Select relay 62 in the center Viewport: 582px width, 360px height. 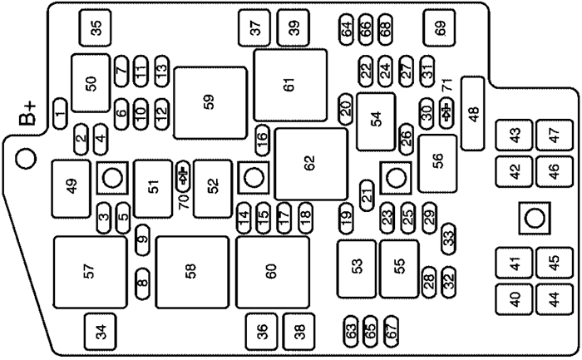[x=311, y=164]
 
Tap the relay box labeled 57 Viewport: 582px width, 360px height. [x=90, y=270]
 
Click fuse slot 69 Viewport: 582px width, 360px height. [x=440, y=27]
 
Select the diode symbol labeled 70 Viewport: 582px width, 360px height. [x=183, y=176]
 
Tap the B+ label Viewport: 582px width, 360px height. [x=29, y=117]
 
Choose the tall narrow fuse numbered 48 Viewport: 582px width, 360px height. [x=472, y=113]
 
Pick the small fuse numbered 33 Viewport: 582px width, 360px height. [x=448, y=238]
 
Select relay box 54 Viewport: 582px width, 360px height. [x=377, y=119]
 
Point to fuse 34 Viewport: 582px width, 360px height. [x=101, y=333]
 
